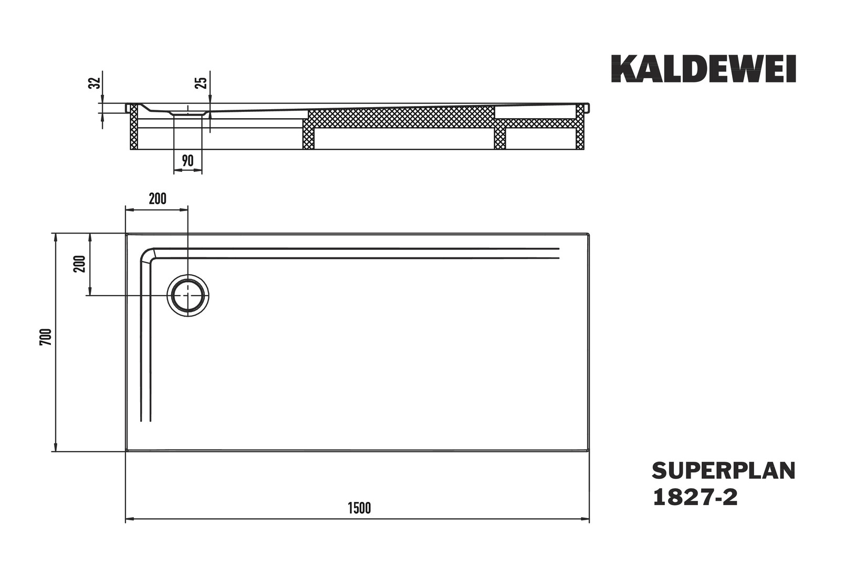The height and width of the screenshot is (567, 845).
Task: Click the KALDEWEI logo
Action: [703, 69]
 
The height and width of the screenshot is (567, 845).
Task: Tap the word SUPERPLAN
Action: [724, 471]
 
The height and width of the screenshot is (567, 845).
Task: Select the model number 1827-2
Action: [695, 497]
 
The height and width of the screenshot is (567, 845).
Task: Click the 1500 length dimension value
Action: [359, 508]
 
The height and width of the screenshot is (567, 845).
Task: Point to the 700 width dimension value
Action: [46, 337]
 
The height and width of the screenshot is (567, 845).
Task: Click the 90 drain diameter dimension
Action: [187, 161]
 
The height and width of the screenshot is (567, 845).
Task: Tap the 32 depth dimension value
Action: [95, 83]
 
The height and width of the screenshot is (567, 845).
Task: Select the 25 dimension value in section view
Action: [201, 83]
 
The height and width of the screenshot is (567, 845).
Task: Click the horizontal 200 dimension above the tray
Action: [158, 198]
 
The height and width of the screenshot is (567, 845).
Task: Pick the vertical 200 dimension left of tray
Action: [80, 264]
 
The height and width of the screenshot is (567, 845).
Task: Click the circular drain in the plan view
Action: [188, 295]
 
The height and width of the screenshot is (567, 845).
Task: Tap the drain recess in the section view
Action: [187, 112]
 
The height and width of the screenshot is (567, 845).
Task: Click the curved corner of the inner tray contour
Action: [147, 254]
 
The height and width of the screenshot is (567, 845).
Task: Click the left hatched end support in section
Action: [134, 127]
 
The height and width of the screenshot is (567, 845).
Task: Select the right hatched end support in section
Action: [580, 127]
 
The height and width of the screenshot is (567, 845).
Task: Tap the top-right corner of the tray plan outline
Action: [589, 234]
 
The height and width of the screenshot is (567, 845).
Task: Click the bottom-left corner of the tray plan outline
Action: [126, 450]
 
